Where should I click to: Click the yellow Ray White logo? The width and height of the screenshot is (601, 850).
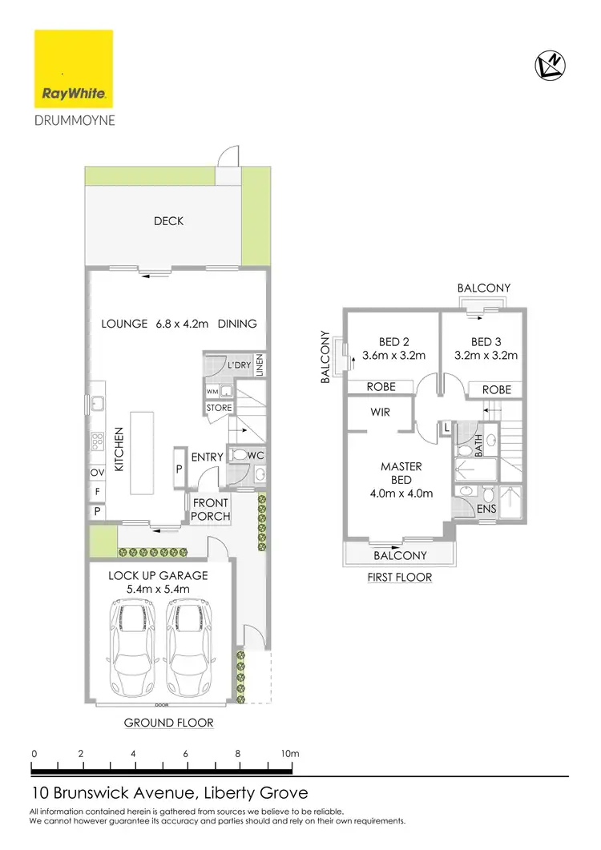pyautogui.click(x=73, y=69)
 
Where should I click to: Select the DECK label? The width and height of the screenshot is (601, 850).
pyautogui.click(x=169, y=220)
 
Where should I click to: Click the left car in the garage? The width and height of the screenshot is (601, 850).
pyautogui.click(x=131, y=640)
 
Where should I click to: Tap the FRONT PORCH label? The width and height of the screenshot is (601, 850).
pyautogui.click(x=211, y=510)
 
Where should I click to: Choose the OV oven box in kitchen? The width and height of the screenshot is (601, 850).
pyautogui.click(x=97, y=473)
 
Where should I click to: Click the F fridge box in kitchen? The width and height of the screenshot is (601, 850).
pyautogui.click(x=97, y=491)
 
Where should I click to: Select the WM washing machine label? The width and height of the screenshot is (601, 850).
pyautogui.click(x=212, y=392)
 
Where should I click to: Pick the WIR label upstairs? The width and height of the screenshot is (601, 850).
pyautogui.click(x=380, y=413)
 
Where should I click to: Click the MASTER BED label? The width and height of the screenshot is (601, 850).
pyautogui.click(x=401, y=473)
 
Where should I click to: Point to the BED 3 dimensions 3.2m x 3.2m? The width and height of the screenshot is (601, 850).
pyautogui.click(x=486, y=355)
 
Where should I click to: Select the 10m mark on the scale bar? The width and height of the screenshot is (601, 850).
pyautogui.click(x=289, y=754)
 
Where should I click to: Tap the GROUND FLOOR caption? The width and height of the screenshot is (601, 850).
pyautogui.click(x=168, y=723)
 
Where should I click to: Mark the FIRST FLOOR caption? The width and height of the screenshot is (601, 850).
pyautogui.click(x=398, y=577)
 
